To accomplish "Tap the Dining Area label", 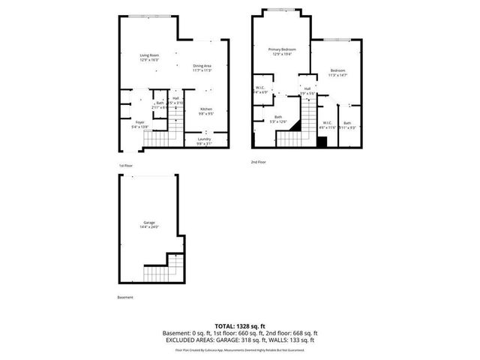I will click(x=202, y=67).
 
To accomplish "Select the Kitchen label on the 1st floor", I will click(x=205, y=112).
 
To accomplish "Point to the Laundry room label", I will click(x=204, y=141).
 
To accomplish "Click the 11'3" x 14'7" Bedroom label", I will click(x=338, y=73).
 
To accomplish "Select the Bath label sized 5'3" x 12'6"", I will click(x=278, y=118).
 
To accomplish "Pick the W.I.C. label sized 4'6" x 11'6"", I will click(x=328, y=125).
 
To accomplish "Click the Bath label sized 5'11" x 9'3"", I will click(x=346, y=125).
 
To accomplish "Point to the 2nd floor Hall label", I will click(x=307, y=90).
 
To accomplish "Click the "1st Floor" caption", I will click(x=125, y=165).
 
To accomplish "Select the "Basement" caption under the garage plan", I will click(x=125, y=298).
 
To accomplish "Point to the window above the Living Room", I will click(x=147, y=16).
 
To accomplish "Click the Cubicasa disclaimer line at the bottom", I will click(x=240, y=349).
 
